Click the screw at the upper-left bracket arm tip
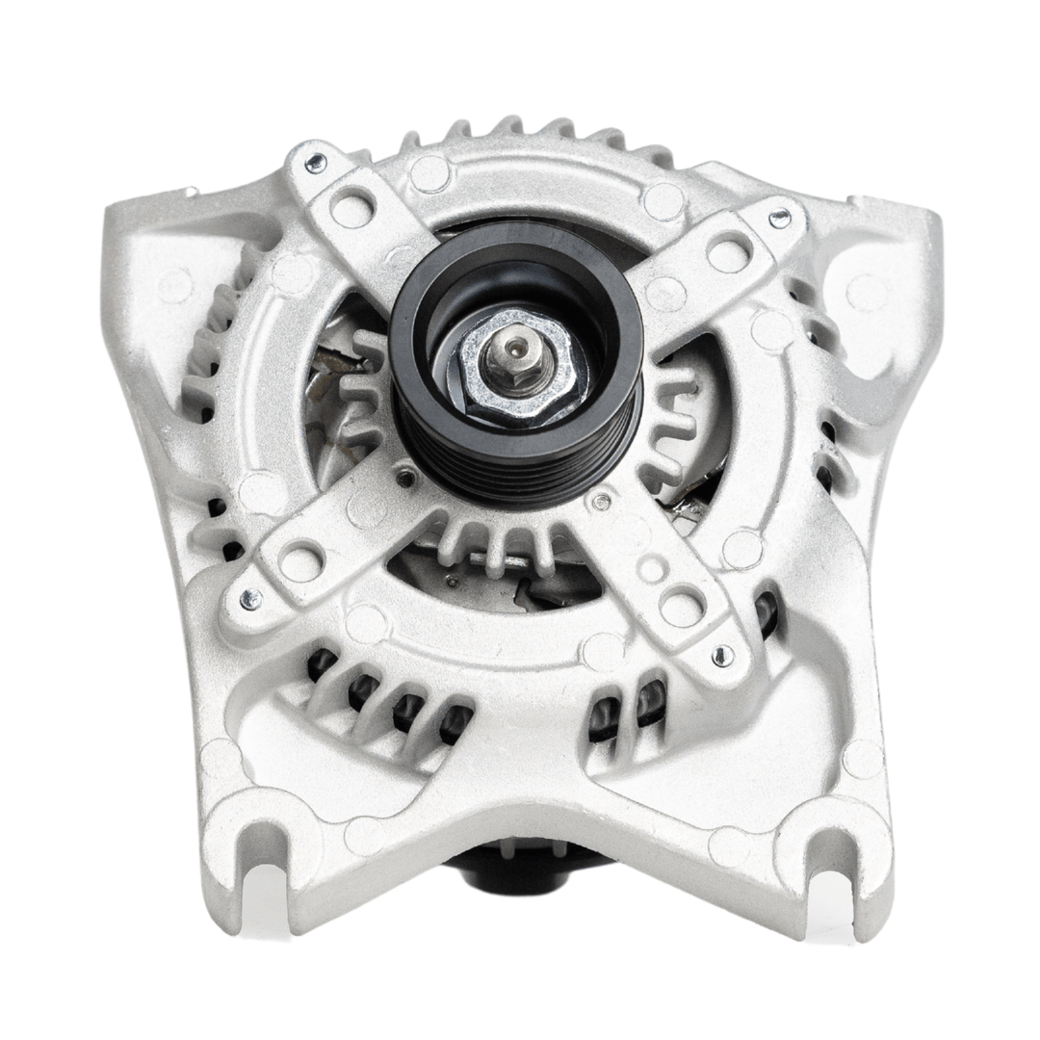(x=316, y=163)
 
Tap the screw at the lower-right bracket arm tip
(x=720, y=656)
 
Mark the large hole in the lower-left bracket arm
(x=301, y=559)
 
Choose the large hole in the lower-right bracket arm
(x=682, y=607)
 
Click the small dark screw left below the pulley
(x=407, y=476)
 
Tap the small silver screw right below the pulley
(x=601, y=502)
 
